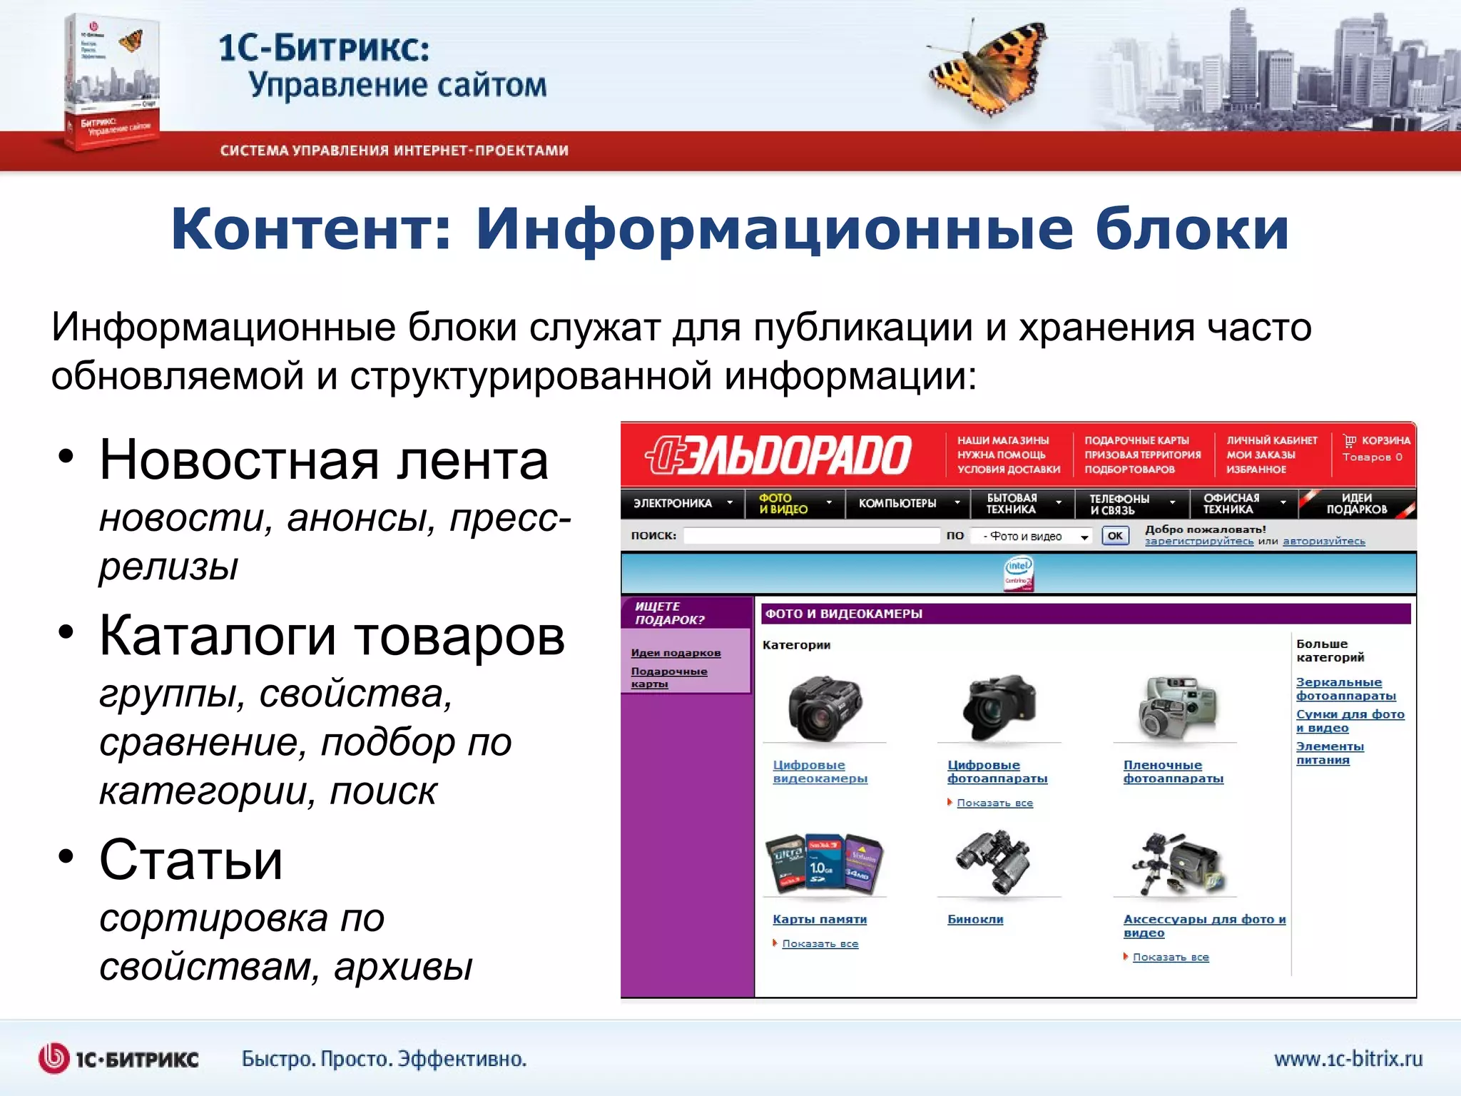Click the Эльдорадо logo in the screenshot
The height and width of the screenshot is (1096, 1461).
pyautogui.click(x=778, y=455)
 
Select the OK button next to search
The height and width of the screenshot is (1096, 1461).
pyautogui.click(x=1115, y=536)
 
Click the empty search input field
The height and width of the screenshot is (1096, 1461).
pyautogui.click(x=811, y=536)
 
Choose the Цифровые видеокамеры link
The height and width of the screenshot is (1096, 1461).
pyautogui.click(x=820, y=771)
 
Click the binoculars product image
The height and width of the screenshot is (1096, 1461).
pyautogui.click(x=994, y=861)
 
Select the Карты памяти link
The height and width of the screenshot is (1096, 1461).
pyautogui.click(x=819, y=920)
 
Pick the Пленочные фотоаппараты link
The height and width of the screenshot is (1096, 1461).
pyautogui.click(x=1173, y=771)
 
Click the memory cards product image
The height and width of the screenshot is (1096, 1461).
pyautogui.click(x=823, y=863)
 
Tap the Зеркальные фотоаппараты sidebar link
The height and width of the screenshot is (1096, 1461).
pyautogui.click(x=1345, y=689)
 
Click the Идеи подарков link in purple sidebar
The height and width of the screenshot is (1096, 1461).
pyautogui.click(x=676, y=653)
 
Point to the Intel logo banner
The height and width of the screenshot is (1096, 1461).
pyautogui.click(x=1018, y=574)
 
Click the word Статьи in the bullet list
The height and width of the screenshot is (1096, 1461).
pyautogui.click(x=190, y=860)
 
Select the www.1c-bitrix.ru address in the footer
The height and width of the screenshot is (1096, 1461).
pyautogui.click(x=1348, y=1059)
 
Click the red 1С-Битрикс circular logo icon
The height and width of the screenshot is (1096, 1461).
pyautogui.click(x=54, y=1058)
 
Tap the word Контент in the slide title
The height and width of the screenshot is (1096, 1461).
pyautogui.click(x=311, y=230)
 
